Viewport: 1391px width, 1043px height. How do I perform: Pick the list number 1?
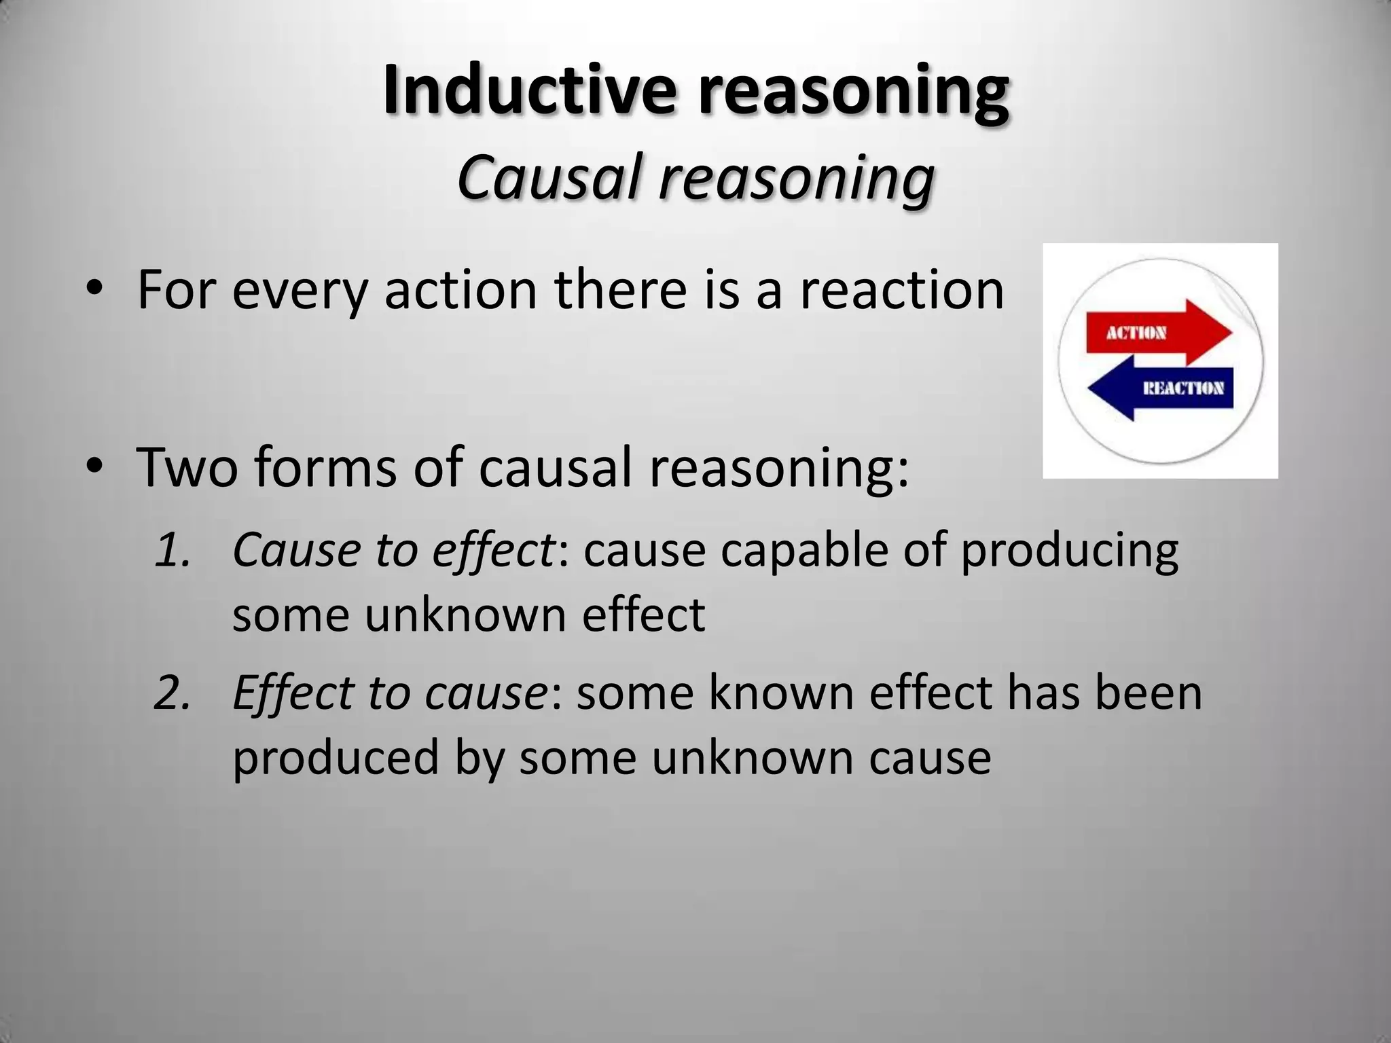(x=172, y=550)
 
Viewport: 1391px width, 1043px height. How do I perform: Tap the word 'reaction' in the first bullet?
(x=901, y=291)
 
